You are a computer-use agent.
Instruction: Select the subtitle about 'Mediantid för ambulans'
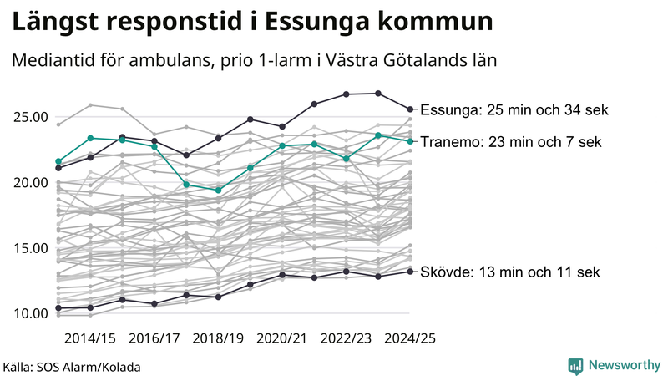tap(254, 61)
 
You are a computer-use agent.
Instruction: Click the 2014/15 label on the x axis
tap(90, 338)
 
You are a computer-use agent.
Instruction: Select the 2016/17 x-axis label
tap(154, 338)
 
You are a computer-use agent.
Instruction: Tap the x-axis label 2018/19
tap(218, 338)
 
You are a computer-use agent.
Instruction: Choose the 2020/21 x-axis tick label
tap(282, 338)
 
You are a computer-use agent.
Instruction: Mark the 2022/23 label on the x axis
tap(346, 338)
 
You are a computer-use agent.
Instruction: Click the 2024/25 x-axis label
tap(409, 338)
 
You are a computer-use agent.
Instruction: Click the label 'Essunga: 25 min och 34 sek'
tap(514, 109)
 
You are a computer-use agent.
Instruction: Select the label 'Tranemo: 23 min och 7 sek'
tap(509, 142)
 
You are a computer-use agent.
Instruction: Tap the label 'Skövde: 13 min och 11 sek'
tap(509, 272)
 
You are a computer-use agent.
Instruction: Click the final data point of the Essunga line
tap(410, 109)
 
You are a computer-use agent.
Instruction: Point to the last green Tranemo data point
tap(410, 141)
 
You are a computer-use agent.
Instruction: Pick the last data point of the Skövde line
tap(410, 271)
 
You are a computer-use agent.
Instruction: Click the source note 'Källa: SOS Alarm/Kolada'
tap(72, 367)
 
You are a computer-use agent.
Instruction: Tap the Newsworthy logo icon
tap(575, 365)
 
